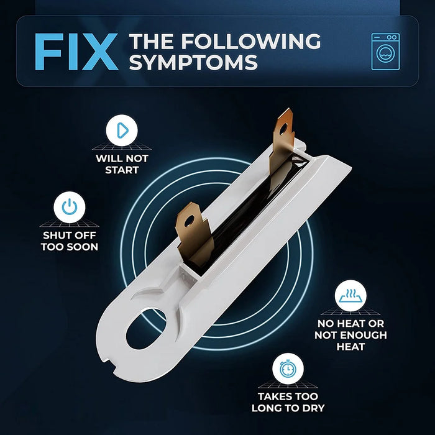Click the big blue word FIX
click(76, 52)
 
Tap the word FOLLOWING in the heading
click(251, 42)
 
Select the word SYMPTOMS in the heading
click(194, 62)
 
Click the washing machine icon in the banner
click(385, 52)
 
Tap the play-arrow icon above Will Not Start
click(122, 130)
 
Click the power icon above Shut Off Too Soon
click(70, 207)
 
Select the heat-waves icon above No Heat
click(350, 296)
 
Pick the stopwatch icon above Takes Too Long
click(288, 369)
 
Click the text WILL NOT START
click(122, 164)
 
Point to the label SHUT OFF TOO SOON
click(70, 241)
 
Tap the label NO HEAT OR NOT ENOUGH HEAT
click(350, 335)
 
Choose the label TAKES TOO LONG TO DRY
click(288, 402)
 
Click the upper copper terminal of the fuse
click(282, 139)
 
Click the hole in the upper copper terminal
click(283, 129)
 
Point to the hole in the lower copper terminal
click(189, 221)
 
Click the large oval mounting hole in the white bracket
click(146, 329)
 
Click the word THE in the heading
click(153, 42)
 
